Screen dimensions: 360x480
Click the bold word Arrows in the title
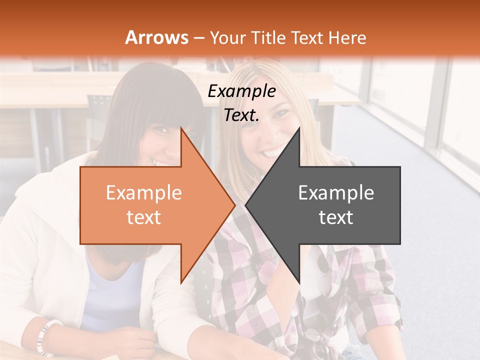pos(157,37)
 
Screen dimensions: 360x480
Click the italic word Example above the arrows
pos(241,91)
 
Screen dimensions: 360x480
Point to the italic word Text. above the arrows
pos(241,115)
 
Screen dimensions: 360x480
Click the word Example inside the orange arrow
pos(143,193)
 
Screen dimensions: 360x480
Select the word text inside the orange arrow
pos(143,217)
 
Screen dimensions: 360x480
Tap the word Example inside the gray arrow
pos(336,193)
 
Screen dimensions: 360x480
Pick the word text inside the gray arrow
pos(336,217)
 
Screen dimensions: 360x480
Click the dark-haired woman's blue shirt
pos(112,290)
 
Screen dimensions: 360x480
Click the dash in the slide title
pos(199,38)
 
